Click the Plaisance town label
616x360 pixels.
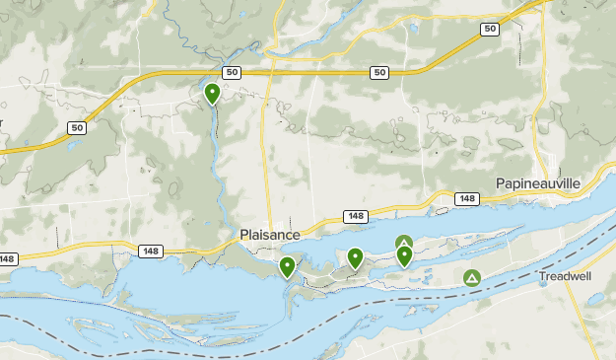click(270, 235)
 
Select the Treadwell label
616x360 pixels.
click(565, 277)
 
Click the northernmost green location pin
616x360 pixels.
click(212, 94)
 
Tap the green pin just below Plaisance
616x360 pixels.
click(287, 266)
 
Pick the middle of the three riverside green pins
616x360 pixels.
click(355, 258)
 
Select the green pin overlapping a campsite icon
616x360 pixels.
click(404, 256)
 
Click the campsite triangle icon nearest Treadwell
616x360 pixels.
click(472, 279)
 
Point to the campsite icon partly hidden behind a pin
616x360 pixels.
click(403, 241)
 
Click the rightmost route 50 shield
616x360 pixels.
click(490, 30)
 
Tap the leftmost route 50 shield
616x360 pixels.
click(77, 128)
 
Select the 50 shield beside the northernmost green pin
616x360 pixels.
click(232, 72)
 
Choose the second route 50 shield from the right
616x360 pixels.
click(379, 72)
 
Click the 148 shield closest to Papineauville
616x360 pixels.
click(466, 199)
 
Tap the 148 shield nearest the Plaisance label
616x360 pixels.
click(355, 216)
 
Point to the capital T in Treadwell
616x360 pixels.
click(542, 277)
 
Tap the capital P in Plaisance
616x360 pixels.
click(244, 235)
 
